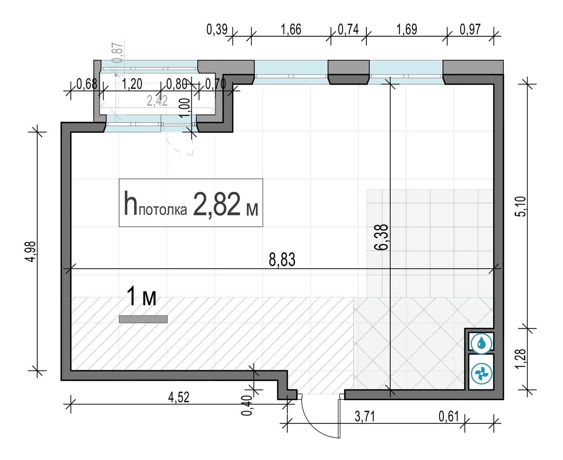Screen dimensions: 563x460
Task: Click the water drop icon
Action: [481, 344]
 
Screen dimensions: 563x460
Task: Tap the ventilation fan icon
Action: [481, 374]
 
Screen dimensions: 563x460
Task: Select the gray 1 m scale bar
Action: [143, 319]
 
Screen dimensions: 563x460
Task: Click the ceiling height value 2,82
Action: [216, 204]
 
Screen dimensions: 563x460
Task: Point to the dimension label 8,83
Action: [282, 259]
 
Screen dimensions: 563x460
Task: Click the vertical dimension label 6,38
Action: [381, 237]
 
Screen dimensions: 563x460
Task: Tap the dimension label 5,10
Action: [521, 206]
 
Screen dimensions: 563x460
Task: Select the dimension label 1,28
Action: [521, 359]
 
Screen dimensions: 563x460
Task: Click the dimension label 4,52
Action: [179, 397]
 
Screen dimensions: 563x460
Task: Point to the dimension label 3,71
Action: [365, 416]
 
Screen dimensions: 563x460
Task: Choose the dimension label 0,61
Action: [449, 416]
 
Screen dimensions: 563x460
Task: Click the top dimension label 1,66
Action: [291, 29]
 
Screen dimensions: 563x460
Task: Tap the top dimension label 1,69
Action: [406, 29]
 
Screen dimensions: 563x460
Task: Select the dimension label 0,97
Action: [470, 29]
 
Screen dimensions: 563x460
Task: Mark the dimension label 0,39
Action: [217, 29]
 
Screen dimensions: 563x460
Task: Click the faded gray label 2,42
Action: [157, 101]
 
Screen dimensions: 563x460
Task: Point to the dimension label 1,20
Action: [132, 84]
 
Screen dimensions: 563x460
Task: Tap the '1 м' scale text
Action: [141, 296]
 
